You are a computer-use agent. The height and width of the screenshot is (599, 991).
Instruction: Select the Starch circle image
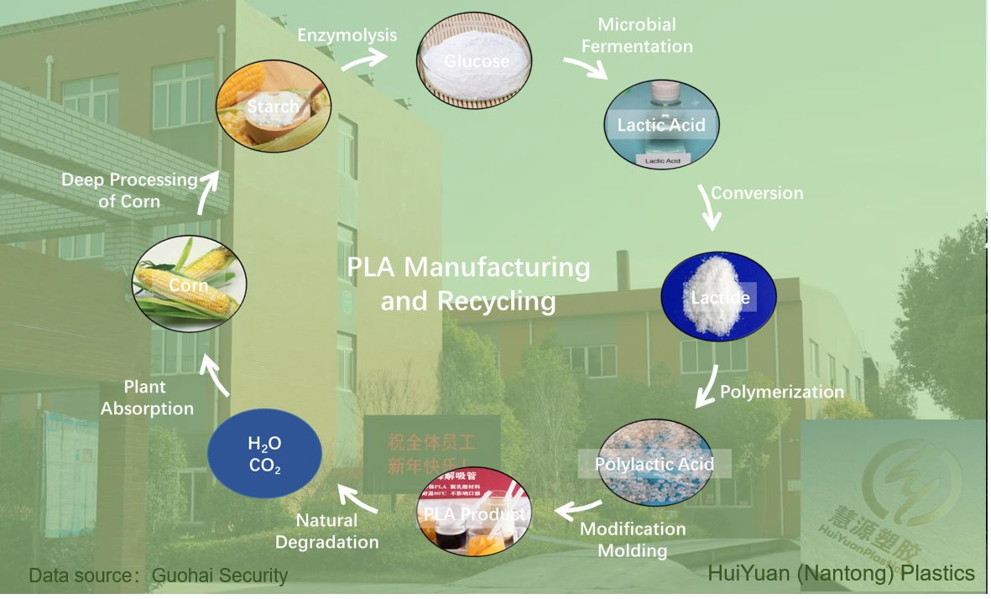click(x=273, y=106)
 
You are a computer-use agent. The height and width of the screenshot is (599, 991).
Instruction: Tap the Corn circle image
click(x=190, y=285)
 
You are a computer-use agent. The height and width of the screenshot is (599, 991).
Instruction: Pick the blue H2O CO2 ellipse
click(x=264, y=454)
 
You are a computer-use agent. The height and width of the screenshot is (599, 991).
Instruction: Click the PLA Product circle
click(x=474, y=514)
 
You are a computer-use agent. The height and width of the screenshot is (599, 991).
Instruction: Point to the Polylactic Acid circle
click(x=655, y=463)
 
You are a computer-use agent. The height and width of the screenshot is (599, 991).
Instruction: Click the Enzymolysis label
click(x=347, y=35)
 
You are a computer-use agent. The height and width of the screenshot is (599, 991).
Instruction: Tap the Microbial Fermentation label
click(x=637, y=35)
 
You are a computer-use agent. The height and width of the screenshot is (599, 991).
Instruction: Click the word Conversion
click(x=757, y=193)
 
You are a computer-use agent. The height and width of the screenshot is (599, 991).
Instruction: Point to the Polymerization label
click(x=782, y=392)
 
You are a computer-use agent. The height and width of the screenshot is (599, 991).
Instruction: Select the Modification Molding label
click(x=633, y=539)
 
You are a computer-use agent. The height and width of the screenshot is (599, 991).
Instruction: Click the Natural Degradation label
click(x=327, y=531)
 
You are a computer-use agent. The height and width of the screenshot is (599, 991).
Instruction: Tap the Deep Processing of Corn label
click(x=129, y=190)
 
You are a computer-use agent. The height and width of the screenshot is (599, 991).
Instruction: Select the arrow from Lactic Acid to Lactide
click(x=709, y=207)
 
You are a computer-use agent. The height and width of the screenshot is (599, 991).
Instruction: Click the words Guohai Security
click(x=220, y=576)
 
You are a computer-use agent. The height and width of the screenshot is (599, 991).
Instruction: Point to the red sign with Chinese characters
click(x=431, y=453)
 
